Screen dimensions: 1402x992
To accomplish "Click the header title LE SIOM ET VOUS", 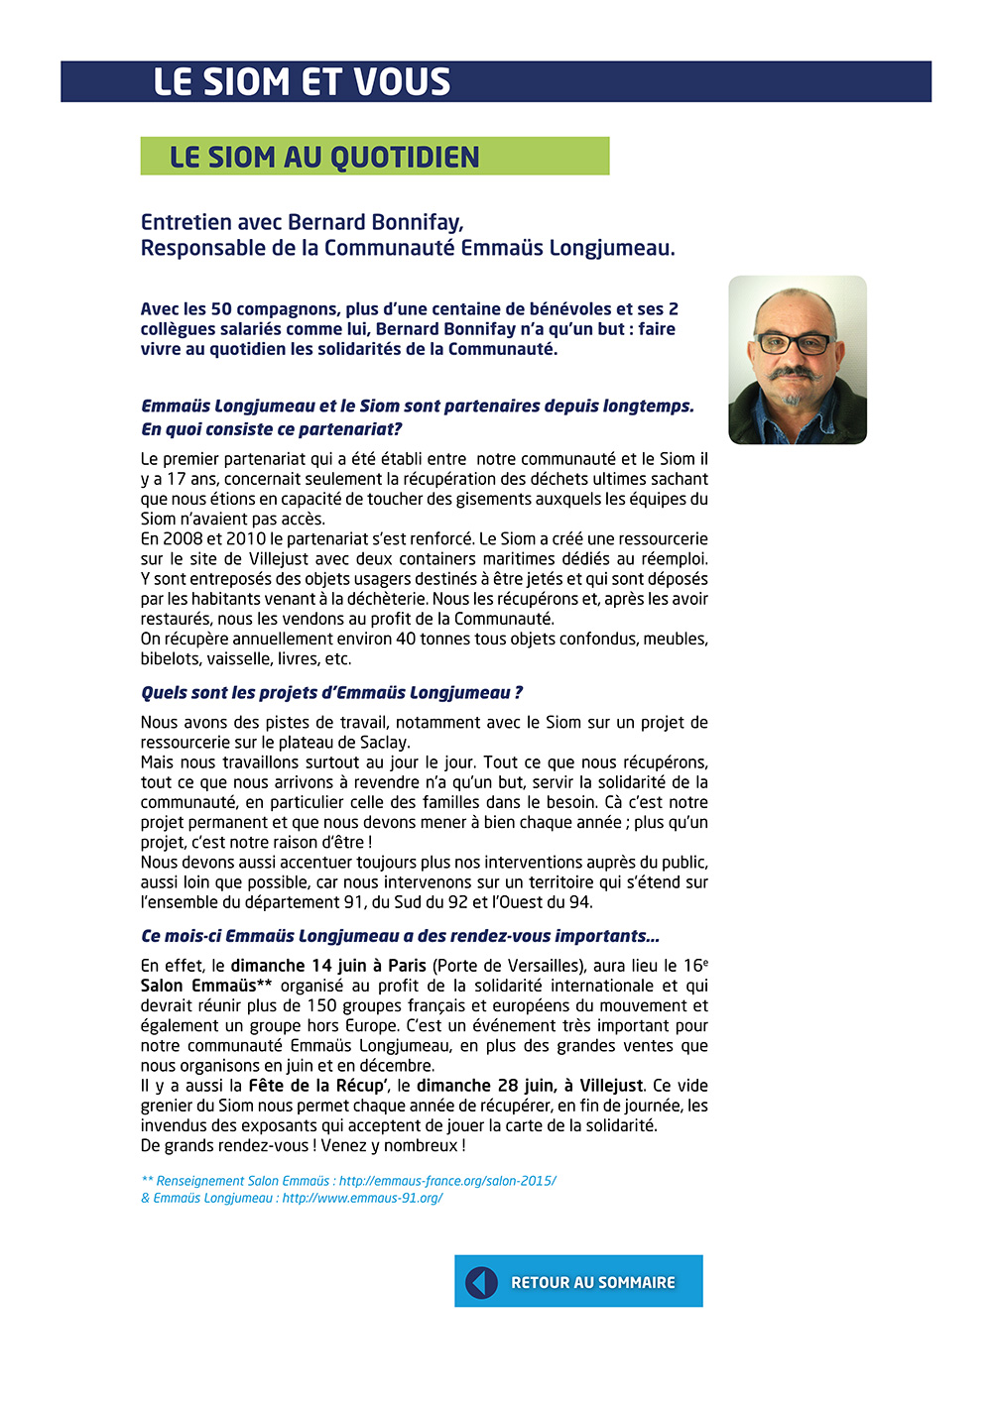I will [x=302, y=82].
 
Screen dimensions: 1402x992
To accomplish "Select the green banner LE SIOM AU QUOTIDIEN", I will [x=374, y=157].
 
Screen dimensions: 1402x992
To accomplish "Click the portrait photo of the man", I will [x=798, y=360].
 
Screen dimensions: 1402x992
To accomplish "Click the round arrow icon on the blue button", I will [x=481, y=1282].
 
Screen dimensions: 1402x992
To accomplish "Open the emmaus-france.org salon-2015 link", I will [x=447, y=1181].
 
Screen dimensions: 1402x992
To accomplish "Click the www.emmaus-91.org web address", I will [x=362, y=1198].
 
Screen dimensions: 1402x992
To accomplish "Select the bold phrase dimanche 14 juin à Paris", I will [x=328, y=966].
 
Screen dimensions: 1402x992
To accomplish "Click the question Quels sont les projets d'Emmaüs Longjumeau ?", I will [x=331, y=693].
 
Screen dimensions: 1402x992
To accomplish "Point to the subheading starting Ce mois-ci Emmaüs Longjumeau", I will [x=400, y=936].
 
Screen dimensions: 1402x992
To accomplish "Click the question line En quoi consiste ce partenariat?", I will [x=271, y=429].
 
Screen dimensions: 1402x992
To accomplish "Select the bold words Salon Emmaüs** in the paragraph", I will [x=206, y=986].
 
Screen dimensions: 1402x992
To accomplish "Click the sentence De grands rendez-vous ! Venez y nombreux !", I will [x=303, y=1145].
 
